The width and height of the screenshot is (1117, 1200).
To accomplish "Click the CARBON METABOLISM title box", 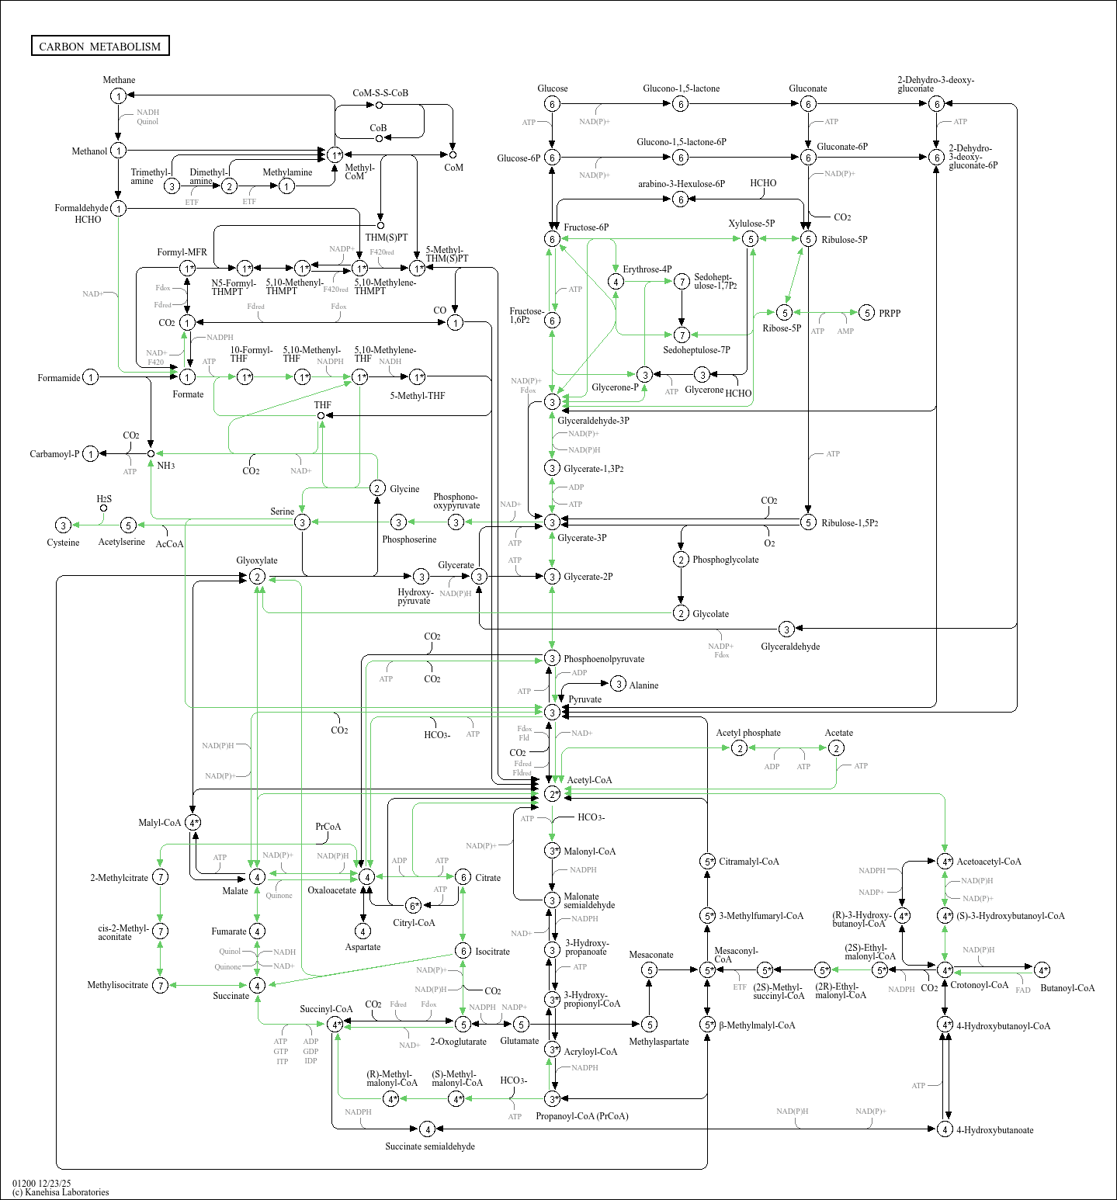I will [x=100, y=47].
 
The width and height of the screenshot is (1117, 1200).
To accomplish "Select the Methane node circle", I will [x=118, y=95].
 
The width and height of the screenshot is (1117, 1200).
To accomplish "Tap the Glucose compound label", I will [x=552, y=88].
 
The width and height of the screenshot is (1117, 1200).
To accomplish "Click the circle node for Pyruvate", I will [x=552, y=712].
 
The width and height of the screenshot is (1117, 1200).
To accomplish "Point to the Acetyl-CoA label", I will [x=589, y=780].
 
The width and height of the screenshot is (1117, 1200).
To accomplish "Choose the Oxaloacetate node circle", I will [x=366, y=876].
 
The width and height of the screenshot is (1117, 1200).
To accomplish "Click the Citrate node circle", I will [x=463, y=877].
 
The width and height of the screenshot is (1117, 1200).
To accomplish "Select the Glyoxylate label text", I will [x=257, y=560].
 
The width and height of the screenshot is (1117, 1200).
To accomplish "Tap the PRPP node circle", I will [x=867, y=313].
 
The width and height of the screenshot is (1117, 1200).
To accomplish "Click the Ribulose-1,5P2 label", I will [x=850, y=523].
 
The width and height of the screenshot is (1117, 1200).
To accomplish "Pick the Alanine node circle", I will [x=618, y=684].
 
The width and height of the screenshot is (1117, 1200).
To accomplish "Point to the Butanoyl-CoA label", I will [x=1067, y=988].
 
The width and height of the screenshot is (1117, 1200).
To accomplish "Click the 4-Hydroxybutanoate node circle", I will [x=945, y=1129].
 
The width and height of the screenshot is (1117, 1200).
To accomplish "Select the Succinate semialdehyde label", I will [x=430, y=1146].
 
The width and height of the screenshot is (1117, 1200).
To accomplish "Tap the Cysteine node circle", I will [x=64, y=525].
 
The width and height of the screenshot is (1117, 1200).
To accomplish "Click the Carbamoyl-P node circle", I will [x=91, y=454].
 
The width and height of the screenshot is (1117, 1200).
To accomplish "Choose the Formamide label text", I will [x=59, y=378].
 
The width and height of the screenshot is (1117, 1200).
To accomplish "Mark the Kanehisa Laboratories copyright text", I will [x=61, y=1192].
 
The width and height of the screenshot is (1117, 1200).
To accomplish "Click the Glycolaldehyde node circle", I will [x=786, y=629].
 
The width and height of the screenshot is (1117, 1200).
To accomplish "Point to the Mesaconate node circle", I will [x=650, y=969].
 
